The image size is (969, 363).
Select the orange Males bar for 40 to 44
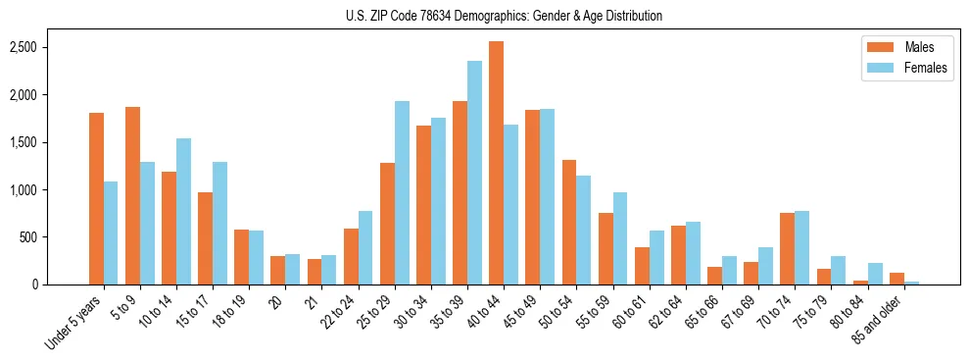click(497, 163)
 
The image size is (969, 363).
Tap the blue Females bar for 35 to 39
click(474, 173)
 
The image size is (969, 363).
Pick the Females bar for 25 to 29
click(402, 192)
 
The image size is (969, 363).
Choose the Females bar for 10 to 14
click(183, 211)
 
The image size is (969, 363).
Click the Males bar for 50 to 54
click(569, 222)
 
